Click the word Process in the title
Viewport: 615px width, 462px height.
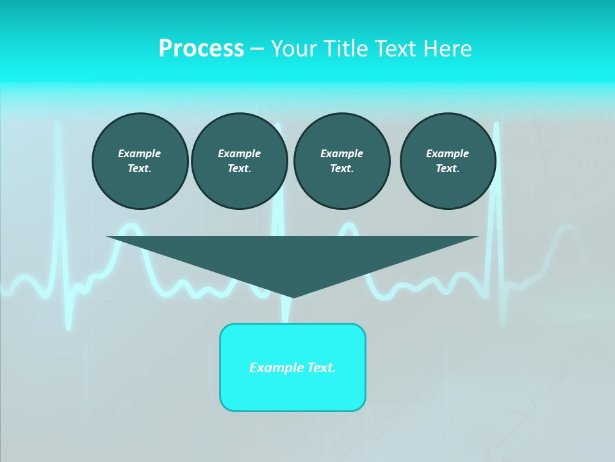[201, 49]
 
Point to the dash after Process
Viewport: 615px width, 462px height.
[257, 49]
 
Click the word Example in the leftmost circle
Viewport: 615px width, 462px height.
[140, 153]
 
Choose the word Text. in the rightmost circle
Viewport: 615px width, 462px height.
[448, 168]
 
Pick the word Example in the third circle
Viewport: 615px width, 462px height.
[342, 153]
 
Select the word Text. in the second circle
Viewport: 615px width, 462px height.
[240, 168]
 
